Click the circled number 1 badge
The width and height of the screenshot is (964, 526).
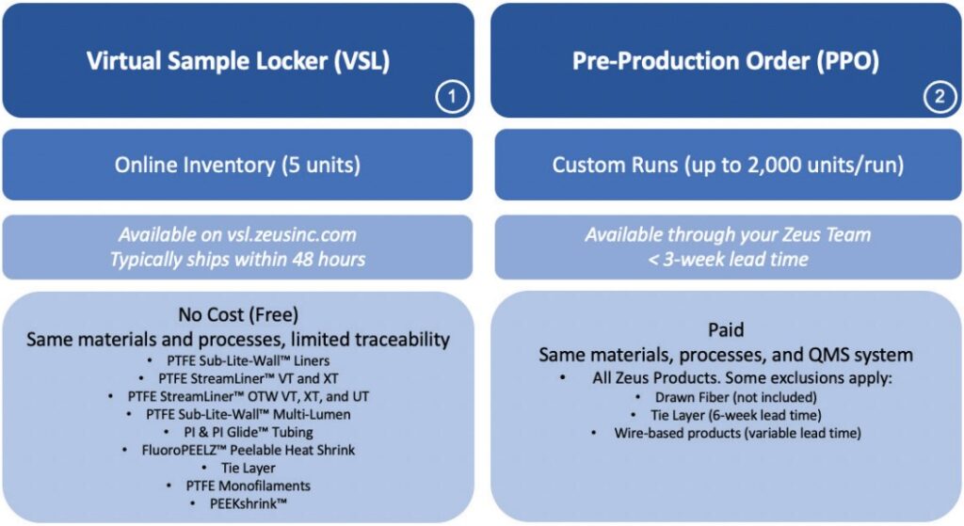[451, 97]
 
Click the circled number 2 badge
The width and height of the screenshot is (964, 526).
[939, 97]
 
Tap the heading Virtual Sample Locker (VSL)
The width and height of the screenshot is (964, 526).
[238, 61]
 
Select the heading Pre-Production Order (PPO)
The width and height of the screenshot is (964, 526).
[725, 61]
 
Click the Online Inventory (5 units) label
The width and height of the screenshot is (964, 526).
[238, 165]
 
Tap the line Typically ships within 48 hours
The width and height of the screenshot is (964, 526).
[238, 259]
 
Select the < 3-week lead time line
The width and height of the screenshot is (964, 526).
[727, 259]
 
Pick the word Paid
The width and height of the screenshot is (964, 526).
[726, 331]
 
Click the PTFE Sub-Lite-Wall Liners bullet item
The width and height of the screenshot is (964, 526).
[243, 360]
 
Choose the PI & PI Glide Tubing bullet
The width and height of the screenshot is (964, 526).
[243, 432]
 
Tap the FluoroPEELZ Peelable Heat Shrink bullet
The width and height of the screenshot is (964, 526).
[243, 450]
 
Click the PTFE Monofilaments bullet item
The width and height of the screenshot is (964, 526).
[243, 486]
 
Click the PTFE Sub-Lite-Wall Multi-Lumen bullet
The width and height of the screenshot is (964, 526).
[243, 414]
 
